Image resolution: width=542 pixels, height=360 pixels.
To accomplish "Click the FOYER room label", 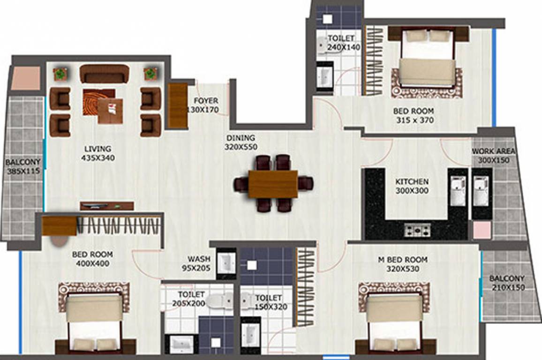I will click(206, 105).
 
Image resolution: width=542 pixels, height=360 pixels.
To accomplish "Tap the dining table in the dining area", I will click(273, 184).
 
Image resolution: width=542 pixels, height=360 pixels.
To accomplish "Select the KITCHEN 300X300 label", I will click(412, 186).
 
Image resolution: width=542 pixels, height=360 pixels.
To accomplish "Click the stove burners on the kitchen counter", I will click(417, 230).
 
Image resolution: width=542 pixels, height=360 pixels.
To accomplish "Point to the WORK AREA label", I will click(493, 156).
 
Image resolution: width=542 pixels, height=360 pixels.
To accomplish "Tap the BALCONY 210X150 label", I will click(507, 283).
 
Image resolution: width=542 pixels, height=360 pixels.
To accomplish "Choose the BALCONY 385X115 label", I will click(23, 167).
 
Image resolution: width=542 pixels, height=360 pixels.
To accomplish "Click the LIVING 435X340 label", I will click(98, 153).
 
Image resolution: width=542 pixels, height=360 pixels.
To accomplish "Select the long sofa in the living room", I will click(104, 74).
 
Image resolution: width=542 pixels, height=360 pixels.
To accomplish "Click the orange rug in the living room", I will click(97, 101).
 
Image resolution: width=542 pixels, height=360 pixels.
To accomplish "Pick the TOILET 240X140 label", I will click(344, 43).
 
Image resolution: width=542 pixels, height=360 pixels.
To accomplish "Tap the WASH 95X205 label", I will click(198, 264).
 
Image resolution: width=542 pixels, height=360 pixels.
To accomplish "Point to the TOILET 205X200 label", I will click(190, 299).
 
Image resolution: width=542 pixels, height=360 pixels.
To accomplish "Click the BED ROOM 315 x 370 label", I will click(413, 116).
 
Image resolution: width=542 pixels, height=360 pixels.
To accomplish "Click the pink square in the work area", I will click(482, 230).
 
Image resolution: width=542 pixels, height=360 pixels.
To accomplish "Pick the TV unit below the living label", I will click(106, 205).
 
